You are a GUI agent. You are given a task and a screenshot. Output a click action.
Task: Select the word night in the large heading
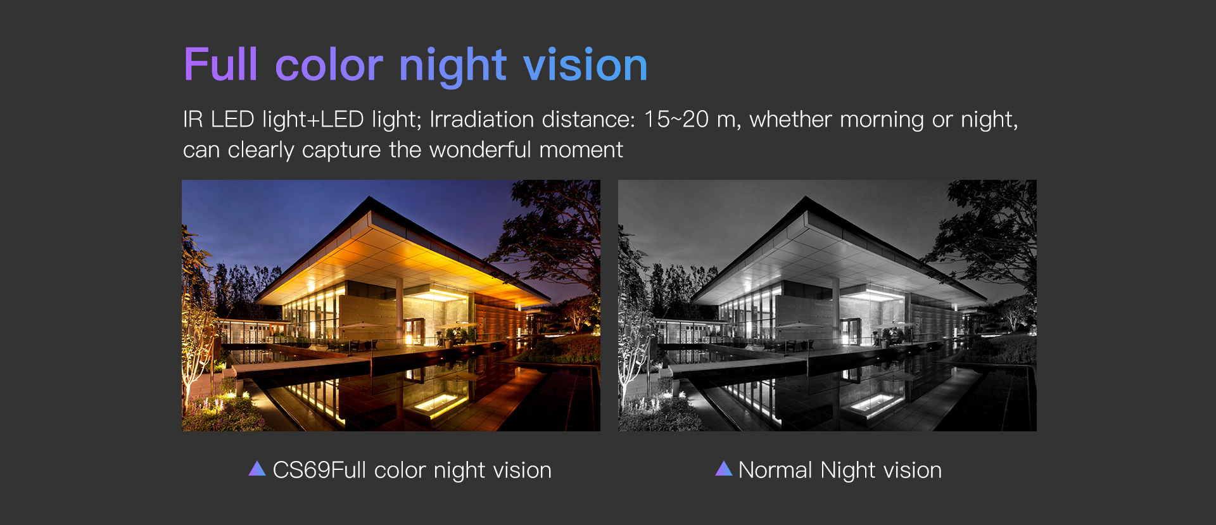point(453,66)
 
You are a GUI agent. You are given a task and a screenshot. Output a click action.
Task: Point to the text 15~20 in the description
point(676,119)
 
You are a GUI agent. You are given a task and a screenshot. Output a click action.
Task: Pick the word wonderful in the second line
point(480,150)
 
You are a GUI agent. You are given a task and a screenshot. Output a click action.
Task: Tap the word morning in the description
point(882,120)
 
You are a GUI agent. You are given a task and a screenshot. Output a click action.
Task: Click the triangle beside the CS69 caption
point(257,469)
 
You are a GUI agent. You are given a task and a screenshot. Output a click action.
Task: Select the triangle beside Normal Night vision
point(724,469)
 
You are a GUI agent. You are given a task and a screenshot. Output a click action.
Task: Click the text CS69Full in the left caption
point(319,470)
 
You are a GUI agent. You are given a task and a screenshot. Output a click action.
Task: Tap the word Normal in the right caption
point(775,470)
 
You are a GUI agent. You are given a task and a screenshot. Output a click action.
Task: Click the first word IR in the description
point(193,119)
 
